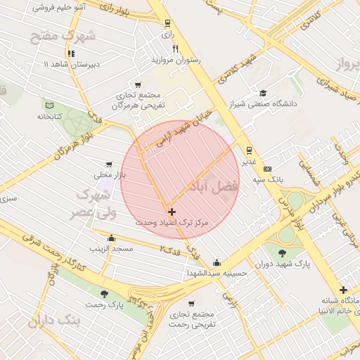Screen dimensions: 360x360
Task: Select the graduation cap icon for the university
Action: coord(263,93)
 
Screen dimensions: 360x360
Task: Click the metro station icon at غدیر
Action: coord(248,150)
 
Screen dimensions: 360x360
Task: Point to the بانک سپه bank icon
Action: coord(267,169)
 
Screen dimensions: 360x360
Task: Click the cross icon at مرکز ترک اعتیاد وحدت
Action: coord(172,211)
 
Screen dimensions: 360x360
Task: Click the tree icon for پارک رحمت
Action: coord(105,294)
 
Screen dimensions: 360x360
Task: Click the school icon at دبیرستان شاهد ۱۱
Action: coord(70,53)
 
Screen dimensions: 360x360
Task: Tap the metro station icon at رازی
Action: coord(167,22)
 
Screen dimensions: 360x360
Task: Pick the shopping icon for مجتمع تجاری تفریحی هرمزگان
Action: coord(138,84)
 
